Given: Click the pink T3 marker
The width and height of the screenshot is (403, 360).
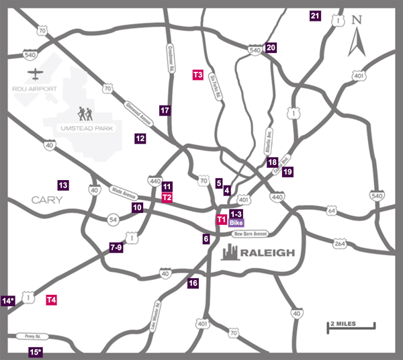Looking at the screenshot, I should tap(198, 75).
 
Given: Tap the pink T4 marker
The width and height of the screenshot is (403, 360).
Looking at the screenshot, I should tap(51, 300).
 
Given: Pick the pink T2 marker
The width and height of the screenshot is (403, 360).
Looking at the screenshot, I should tap(167, 197).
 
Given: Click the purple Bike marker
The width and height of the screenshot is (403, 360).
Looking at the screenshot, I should tap(236, 222).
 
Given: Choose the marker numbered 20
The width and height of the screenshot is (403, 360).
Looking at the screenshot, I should tap(271, 48).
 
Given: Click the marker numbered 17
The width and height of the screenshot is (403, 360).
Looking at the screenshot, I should tap(165, 109).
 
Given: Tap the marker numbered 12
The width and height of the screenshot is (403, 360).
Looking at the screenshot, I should tap(140, 139).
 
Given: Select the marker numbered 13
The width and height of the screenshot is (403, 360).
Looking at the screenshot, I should tap(63, 185).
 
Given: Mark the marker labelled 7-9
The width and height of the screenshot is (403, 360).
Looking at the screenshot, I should tap(116, 248).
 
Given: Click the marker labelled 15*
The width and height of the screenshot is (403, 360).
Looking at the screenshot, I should tap(36, 352).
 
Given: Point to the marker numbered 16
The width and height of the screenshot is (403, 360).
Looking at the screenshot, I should tap(193, 283).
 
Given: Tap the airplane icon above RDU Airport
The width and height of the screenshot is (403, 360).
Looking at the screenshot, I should tap(35, 73).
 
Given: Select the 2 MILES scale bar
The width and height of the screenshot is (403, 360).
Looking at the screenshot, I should tap(351, 326).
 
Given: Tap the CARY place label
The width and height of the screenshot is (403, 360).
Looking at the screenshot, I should tap(46, 200).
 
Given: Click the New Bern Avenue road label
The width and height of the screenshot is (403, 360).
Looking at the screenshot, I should tap(251, 234).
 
